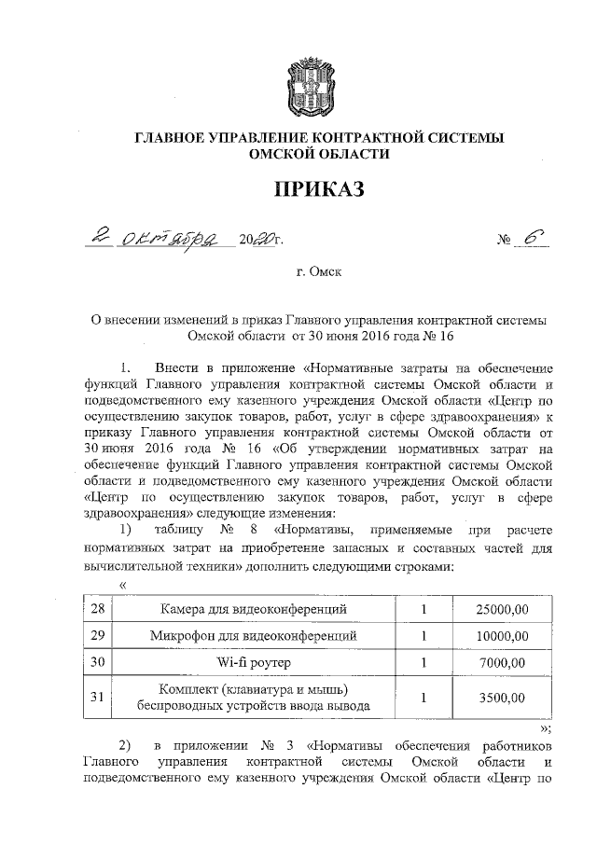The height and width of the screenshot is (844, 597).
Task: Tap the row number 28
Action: click(94, 609)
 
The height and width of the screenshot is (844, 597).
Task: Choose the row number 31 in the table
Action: click(94, 697)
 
